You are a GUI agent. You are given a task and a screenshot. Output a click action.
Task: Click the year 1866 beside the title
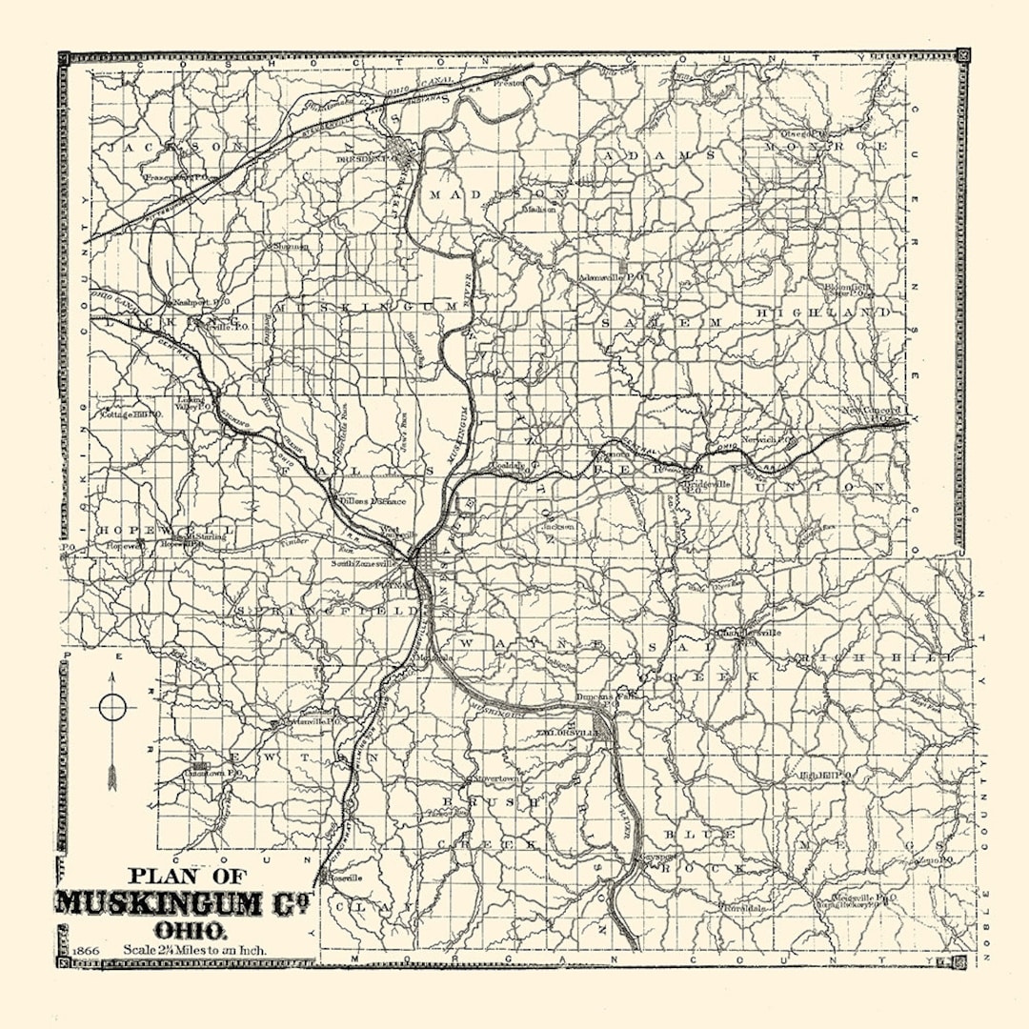(x=85, y=950)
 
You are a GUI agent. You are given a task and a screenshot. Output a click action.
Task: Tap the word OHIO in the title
(x=191, y=929)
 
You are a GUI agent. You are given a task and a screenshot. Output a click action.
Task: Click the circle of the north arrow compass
(x=112, y=707)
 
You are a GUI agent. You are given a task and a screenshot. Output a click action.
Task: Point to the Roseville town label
(x=344, y=877)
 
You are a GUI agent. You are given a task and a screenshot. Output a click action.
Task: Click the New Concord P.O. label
(x=869, y=413)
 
